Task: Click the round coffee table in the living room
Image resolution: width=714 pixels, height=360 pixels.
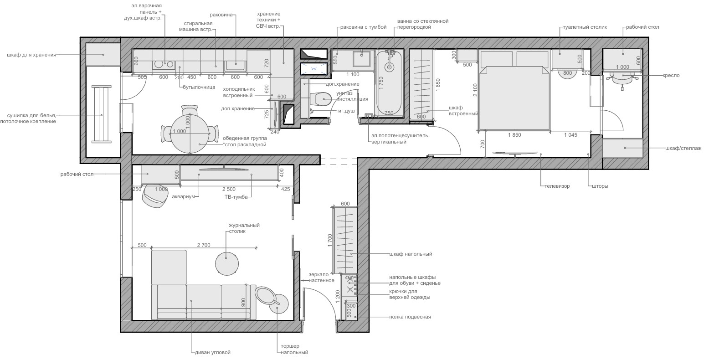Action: tap(226, 263)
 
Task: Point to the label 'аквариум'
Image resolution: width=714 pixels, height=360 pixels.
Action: tap(183, 197)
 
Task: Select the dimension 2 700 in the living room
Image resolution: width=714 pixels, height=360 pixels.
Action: tap(203, 245)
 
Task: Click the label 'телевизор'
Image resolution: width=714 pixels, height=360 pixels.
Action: tap(556, 186)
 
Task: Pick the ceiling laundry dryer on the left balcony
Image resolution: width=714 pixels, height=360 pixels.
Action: tap(101, 114)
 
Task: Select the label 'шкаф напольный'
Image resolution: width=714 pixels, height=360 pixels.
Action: tap(410, 254)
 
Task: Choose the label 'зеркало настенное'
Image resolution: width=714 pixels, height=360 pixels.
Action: tap(321, 278)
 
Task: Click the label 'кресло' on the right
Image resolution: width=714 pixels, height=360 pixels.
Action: tap(671, 75)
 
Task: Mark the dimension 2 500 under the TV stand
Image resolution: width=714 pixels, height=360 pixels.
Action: tap(229, 189)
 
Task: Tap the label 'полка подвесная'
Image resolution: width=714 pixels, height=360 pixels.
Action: tap(410, 317)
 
